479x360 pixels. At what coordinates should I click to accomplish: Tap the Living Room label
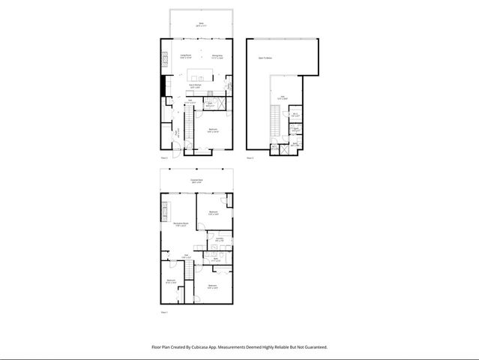[185, 55]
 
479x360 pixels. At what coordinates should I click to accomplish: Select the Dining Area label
[217, 55]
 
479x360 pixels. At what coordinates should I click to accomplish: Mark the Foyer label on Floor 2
[177, 134]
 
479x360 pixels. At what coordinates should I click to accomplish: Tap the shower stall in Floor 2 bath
[223, 104]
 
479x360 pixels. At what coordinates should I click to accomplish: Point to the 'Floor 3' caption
[250, 159]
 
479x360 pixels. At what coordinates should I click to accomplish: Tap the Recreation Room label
[180, 224]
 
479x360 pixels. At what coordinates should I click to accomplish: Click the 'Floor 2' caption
[164, 159]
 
